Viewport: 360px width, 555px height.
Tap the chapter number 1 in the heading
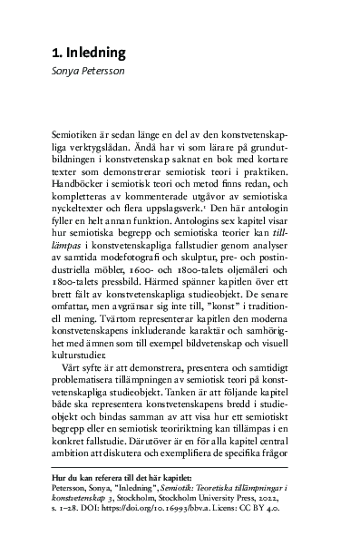[x=55, y=53]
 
